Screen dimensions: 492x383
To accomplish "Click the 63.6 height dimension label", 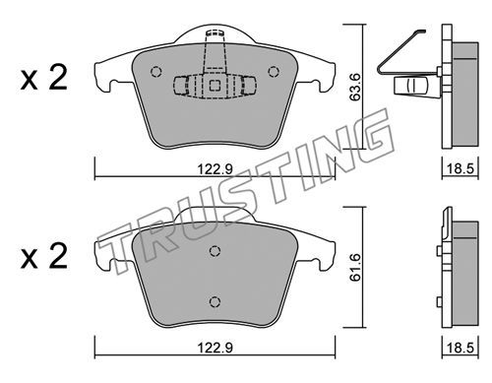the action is (355, 87).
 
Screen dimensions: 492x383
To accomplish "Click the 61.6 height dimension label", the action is (355, 267).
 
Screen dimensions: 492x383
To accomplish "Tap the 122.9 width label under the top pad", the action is (215, 169).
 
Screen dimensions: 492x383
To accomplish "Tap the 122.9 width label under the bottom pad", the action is (215, 348).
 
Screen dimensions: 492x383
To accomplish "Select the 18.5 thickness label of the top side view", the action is (461, 169).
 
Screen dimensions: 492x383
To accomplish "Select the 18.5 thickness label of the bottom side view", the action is (461, 348).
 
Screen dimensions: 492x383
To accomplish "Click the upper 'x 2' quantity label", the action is (44, 78).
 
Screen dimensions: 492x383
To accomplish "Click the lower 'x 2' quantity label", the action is (44, 257).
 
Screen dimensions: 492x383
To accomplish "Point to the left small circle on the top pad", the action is (155, 72).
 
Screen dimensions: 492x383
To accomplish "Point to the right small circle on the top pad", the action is (274, 72).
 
